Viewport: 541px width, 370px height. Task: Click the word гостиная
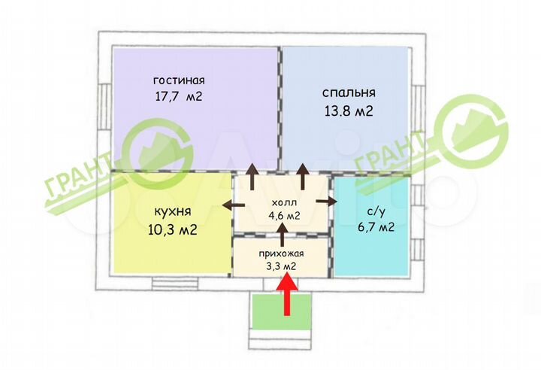(179, 80)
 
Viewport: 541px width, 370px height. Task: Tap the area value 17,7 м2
(178, 96)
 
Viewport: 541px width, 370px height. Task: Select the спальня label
(349, 93)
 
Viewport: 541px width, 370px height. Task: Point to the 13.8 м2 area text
(348, 111)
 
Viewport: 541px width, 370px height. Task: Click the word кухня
(172, 213)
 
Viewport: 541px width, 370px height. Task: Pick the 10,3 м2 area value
(172, 230)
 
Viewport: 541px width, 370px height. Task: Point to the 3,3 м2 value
(279, 266)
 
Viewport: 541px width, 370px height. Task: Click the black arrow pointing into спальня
(303, 176)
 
